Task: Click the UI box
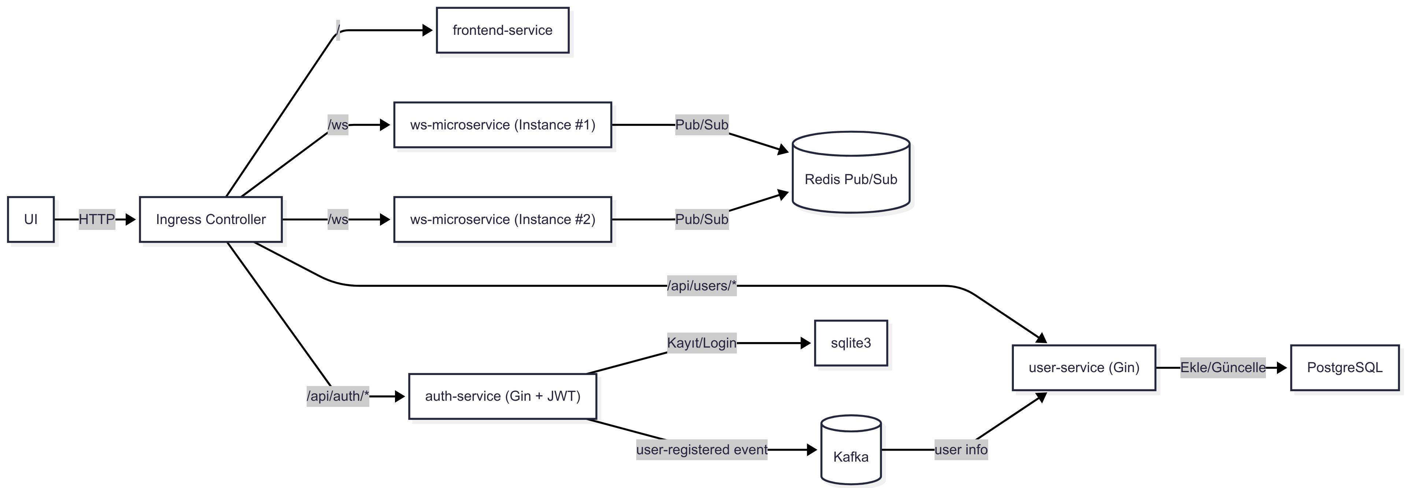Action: (x=30, y=219)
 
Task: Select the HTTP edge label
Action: (x=97, y=219)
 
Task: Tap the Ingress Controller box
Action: (x=211, y=219)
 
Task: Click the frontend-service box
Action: (x=502, y=30)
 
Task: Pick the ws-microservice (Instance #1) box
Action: (x=502, y=125)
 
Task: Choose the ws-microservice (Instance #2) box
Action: (x=502, y=219)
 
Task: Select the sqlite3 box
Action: (x=850, y=343)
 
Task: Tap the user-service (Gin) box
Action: (x=1084, y=367)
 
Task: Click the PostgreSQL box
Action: (x=1344, y=367)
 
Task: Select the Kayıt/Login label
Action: (x=701, y=343)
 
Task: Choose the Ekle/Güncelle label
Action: (x=1222, y=367)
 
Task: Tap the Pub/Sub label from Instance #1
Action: (x=701, y=125)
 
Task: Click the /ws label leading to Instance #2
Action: (x=337, y=219)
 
